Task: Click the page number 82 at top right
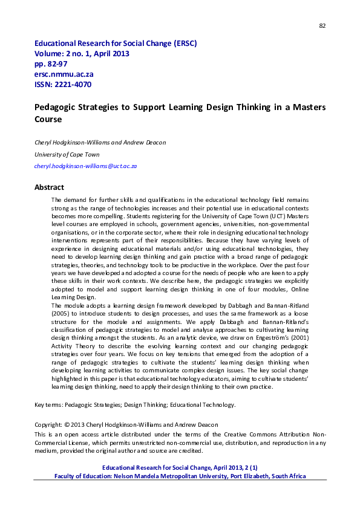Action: (322, 25)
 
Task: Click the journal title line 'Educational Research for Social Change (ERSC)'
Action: (116, 44)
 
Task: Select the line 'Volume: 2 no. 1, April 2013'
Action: (82, 54)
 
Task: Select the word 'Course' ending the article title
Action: (48, 119)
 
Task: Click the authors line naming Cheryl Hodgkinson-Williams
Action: (93, 143)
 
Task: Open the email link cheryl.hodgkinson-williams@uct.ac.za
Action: (86, 166)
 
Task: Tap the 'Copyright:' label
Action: (48, 425)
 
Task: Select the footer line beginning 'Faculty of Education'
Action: (180, 476)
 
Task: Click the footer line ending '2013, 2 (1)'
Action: (180, 468)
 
